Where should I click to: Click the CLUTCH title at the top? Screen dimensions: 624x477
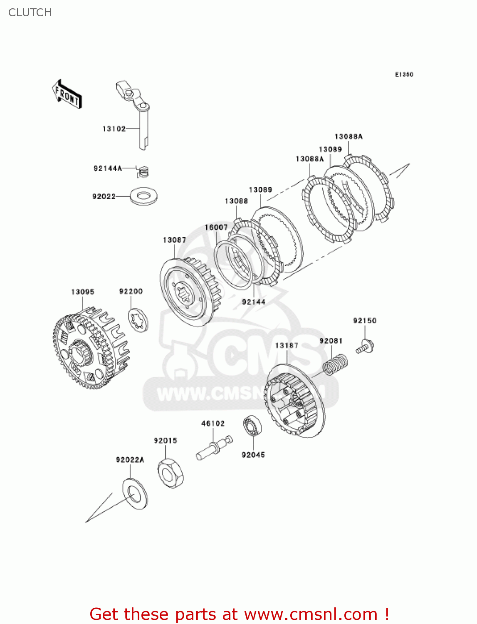click(x=30, y=12)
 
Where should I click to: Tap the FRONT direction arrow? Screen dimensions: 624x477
click(x=67, y=94)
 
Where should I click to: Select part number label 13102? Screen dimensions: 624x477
click(x=114, y=129)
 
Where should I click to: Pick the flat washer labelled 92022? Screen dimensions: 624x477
click(x=143, y=196)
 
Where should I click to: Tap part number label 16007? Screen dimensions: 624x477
click(x=216, y=227)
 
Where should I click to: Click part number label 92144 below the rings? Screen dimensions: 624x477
click(x=254, y=302)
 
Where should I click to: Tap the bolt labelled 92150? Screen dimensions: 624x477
click(x=365, y=346)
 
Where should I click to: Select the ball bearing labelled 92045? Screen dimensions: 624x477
click(x=252, y=426)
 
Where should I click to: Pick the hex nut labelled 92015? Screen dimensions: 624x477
click(x=171, y=473)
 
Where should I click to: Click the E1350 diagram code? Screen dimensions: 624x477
click(x=404, y=74)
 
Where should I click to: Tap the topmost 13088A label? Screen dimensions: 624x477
click(x=348, y=136)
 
